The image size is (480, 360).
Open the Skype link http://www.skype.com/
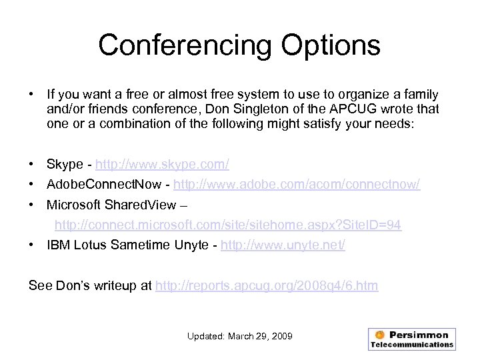tap(163, 164)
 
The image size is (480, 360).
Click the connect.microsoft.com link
tap(228, 225)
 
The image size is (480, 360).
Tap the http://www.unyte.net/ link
tap(283, 245)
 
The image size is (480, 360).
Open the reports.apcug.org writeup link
tap(266, 286)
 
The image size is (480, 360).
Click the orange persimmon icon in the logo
tap(379, 334)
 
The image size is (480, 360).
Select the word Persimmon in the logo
tap(420, 334)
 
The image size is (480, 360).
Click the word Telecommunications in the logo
tap(411, 345)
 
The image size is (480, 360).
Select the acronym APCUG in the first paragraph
tap(373, 109)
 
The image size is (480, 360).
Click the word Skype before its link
tap(65, 164)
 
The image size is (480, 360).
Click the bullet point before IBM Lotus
tap(33, 245)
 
